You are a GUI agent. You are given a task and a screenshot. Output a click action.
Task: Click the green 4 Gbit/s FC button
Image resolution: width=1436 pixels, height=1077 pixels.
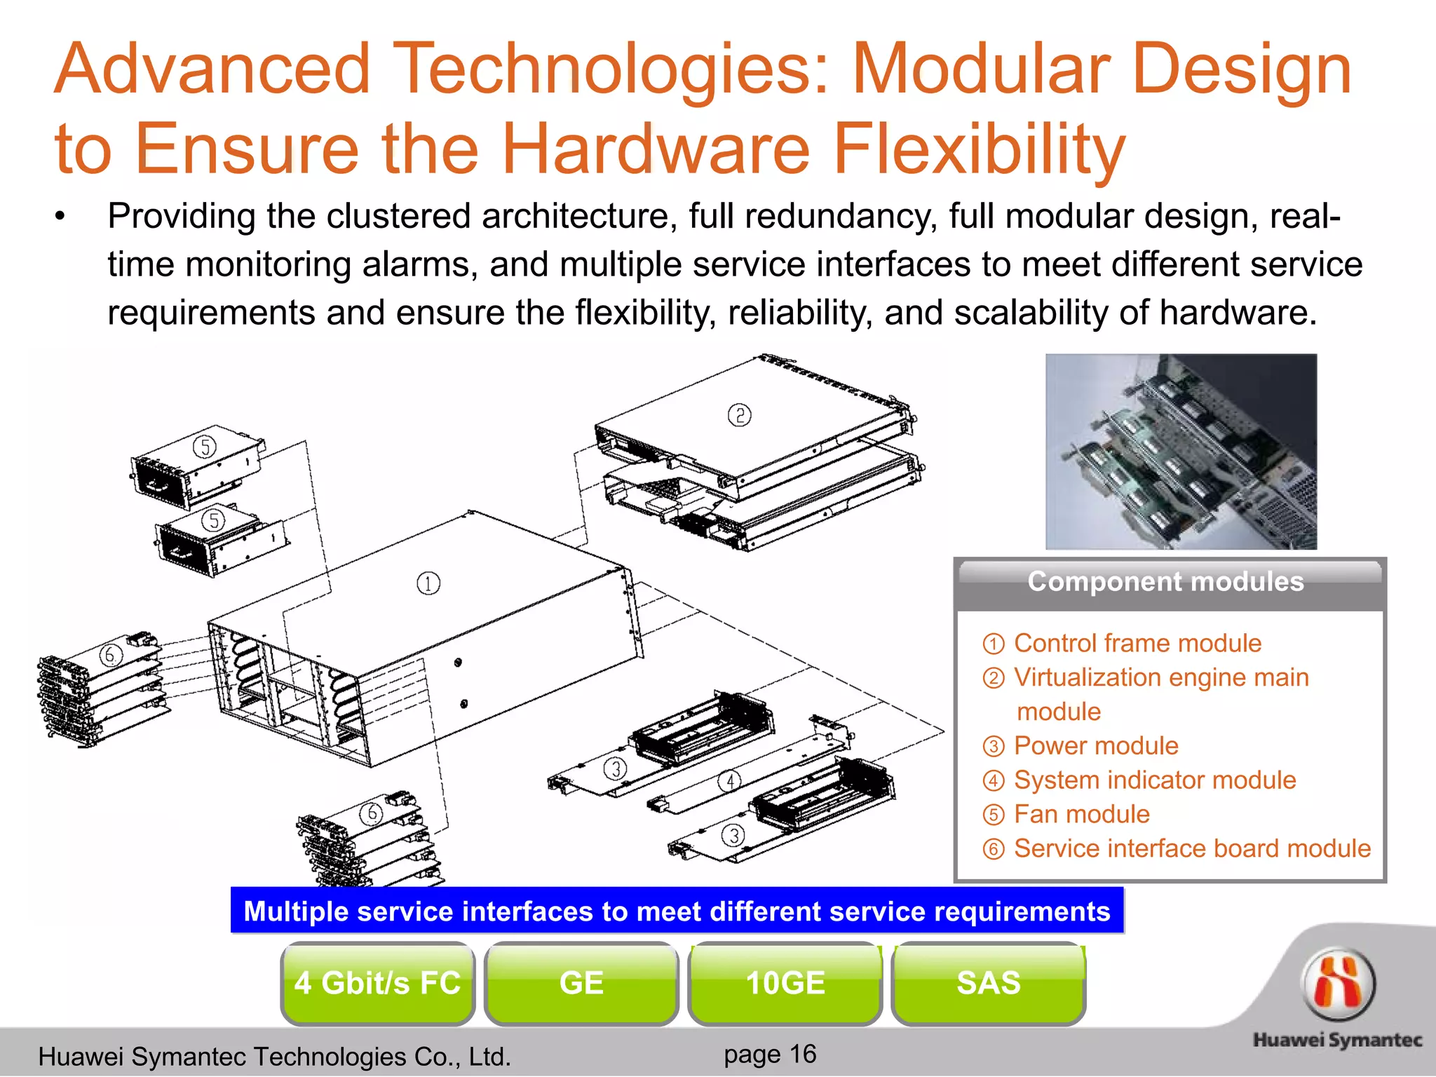coord(377,983)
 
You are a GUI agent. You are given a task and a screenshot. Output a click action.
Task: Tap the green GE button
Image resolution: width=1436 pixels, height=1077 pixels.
coord(581,983)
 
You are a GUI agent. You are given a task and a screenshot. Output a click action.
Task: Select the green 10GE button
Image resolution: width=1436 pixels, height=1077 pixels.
coord(785,983)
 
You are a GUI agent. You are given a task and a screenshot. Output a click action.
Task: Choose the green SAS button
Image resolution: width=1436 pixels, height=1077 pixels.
coord(989,983)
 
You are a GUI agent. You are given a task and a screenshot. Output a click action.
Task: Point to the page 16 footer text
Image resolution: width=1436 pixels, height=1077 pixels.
coord(770,1054)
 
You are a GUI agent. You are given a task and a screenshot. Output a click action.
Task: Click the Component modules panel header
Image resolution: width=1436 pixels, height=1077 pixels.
coord(1165,582)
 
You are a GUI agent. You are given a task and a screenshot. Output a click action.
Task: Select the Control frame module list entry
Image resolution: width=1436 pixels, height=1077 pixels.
coord(1137,643)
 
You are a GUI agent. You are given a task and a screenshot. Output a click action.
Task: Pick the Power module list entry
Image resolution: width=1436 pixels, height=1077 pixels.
coord(1095,745)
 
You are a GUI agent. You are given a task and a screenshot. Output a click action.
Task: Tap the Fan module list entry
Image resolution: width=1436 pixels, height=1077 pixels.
coord(1081,814)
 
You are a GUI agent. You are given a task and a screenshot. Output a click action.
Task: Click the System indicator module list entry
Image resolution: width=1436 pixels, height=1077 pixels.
coord(1154,780)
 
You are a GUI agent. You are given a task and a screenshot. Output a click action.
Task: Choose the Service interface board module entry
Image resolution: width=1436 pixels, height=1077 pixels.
coord(1191,848)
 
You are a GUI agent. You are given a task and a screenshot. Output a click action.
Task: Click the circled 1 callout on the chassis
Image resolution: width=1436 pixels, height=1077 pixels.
coord(428,583)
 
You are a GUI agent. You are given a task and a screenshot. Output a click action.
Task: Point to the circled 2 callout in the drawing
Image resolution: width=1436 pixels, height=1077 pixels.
coord(739,415)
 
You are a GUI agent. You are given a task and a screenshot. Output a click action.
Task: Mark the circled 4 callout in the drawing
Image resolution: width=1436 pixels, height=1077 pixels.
coord(730,781)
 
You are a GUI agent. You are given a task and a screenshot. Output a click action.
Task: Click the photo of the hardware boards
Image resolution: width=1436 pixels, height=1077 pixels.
coord(1181,452)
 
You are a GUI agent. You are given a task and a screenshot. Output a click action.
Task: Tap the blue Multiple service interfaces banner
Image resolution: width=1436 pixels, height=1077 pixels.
coord(677,911)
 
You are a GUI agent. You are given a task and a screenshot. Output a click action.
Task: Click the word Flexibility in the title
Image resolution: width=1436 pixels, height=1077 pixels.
coord(979,149)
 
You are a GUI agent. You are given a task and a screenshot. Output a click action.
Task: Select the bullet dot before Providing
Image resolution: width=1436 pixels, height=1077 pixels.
coord(61,217)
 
